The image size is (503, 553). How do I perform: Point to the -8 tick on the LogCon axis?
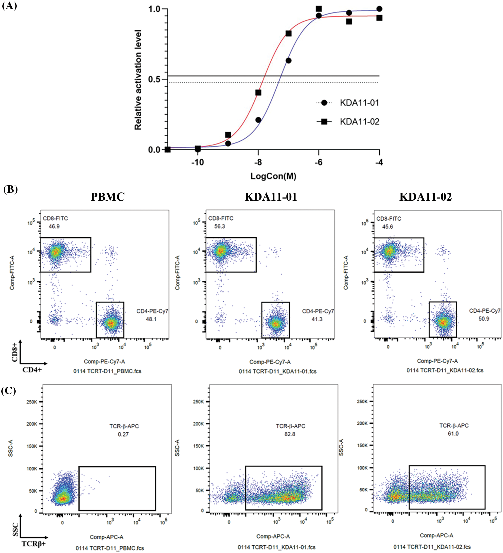click(258, 162)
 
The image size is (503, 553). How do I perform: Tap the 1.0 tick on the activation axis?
click(154, 9)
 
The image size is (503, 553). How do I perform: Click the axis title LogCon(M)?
click(273, 176)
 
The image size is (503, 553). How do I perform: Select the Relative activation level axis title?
click(138, 80)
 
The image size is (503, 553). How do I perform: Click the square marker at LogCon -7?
click(288, 33)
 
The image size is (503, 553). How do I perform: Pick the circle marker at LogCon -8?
click(258, 120)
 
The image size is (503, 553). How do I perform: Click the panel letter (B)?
click(10, 189)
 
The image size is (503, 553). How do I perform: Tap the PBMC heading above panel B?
click(107, 197)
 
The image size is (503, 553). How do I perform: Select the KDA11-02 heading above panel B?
click(425, 197)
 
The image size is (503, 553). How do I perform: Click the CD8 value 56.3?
click(220, 226)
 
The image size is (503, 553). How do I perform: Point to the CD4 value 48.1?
click(151, 319)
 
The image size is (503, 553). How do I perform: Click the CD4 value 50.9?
click(484, 319)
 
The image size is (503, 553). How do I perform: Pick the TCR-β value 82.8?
click(290, 434)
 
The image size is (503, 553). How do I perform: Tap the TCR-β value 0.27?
click(123, 434)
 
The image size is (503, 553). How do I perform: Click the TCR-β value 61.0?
click(453, 434)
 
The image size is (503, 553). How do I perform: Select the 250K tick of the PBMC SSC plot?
click(32, 402)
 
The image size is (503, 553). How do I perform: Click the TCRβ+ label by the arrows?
click(33, 544)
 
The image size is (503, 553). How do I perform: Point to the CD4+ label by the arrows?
click(32, 370)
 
